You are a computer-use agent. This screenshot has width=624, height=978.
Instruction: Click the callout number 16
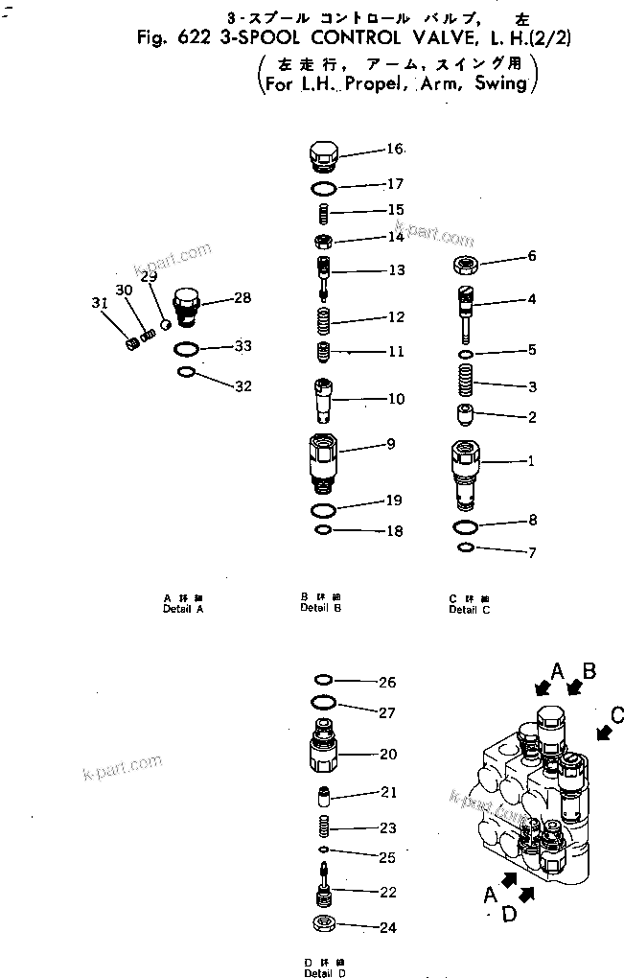pos(395,149)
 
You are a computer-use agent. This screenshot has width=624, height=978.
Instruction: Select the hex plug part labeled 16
pos(324,154)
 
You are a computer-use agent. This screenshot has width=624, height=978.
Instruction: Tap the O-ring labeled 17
pos(324,185)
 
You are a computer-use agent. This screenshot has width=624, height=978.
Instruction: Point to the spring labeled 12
pos(324,318)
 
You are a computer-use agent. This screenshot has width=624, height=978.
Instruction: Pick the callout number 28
pos(243,298)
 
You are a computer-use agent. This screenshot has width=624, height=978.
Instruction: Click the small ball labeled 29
pos(165,324)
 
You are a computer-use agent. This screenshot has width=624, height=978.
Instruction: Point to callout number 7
pos(531,553)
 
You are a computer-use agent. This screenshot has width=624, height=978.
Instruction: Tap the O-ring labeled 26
pos(324,683)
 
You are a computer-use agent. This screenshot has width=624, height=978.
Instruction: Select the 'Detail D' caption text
pos(320,973)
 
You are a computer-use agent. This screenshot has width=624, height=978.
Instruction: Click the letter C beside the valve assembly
pos(616,714)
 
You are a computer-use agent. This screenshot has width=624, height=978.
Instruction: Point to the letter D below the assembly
pos(509,914)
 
